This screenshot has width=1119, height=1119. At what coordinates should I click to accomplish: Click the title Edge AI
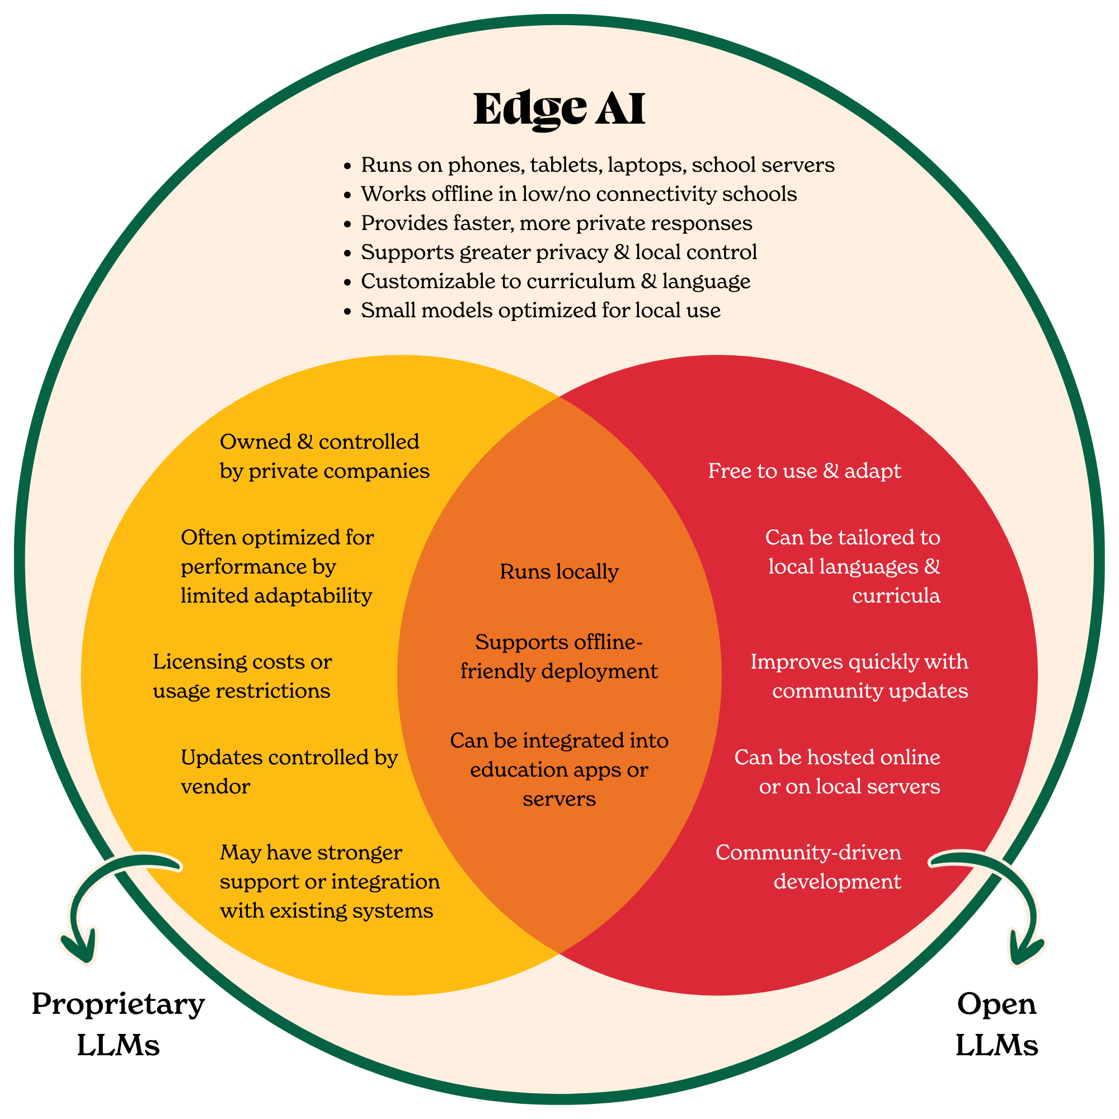[x=559, y=109]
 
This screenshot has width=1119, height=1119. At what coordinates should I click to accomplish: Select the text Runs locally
[x=559, y=572]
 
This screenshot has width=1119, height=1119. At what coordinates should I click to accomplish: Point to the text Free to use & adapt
[x=805, y=471]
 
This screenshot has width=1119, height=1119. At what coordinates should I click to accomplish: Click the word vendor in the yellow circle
[x=215, y=787]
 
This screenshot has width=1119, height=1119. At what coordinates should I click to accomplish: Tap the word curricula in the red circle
[x=895, y=596]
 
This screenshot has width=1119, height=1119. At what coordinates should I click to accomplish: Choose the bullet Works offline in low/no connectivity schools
[x=579, y=194]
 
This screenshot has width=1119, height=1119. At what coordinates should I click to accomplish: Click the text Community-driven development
[x=808, y=867]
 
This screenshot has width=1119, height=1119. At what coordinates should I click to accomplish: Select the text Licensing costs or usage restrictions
[x=242, y=676]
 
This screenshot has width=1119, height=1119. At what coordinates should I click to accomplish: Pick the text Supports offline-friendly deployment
[x=559, y=657]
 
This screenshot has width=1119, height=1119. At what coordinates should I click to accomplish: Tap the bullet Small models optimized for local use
[x=540, y=311]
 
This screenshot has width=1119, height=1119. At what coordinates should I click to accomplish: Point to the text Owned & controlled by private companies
[x=325, y=457]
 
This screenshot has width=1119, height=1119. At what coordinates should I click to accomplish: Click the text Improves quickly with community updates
[x=859, y=676]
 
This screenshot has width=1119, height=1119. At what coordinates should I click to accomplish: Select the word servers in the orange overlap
[x=559, y=800]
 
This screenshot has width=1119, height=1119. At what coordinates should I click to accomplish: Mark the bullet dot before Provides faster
[x=347, y=224]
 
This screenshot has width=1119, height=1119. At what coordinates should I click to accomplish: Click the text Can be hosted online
[x=837, y=758]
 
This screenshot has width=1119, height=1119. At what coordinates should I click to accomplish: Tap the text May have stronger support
[x=311, y=853]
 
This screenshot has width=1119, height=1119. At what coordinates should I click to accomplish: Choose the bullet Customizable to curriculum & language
[x=556, y=281]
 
